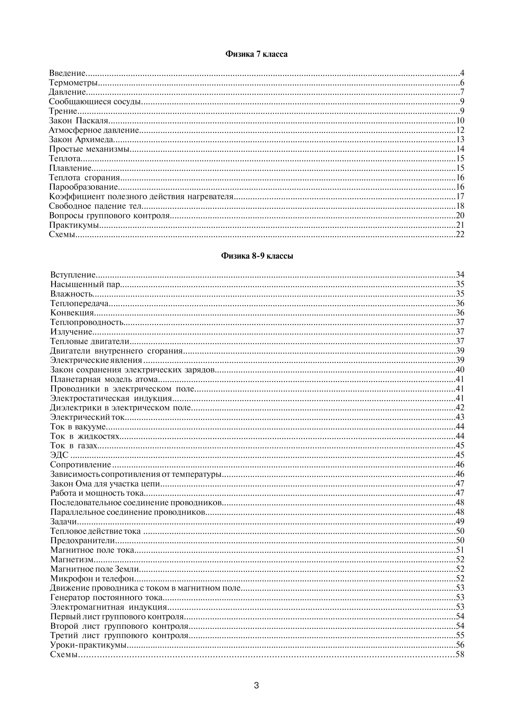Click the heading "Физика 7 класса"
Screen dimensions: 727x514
(256, 54)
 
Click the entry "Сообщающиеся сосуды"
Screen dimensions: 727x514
(95, 102)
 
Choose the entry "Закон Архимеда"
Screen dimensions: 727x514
(81, 139)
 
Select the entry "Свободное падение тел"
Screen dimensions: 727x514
(95, 206)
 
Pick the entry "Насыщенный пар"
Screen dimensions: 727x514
(85, 284)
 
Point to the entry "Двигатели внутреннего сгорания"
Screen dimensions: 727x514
(116, 351)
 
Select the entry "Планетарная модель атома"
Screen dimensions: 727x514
(104, 379)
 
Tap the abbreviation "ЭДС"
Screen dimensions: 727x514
(60, 455)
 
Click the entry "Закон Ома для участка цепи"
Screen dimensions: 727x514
(105, 484)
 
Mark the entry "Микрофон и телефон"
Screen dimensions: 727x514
(93, 578)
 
